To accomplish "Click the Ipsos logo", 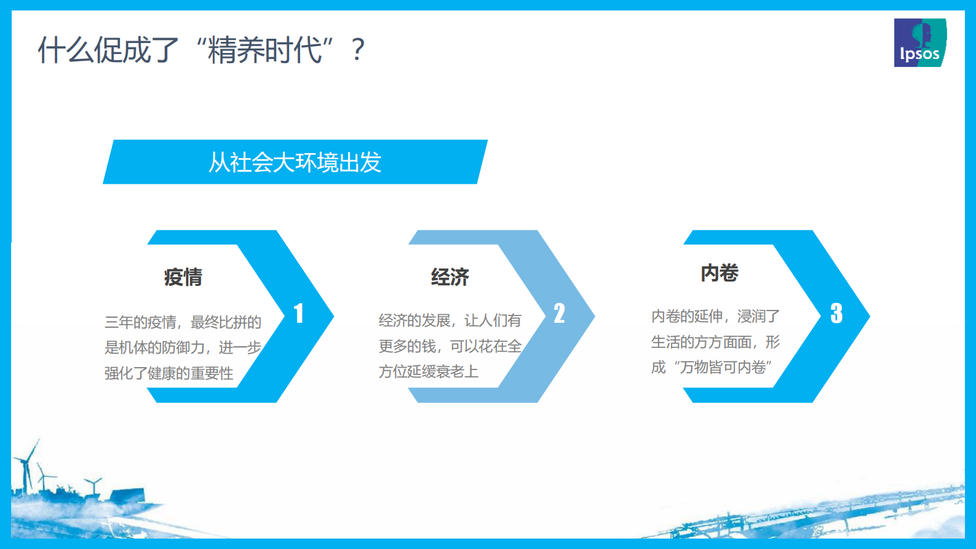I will click(x=919, y=43).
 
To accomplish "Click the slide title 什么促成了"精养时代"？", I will click(x=202, y=50).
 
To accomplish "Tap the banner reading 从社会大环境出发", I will click(x=295, y=162).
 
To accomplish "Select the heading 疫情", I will click(x=183, y=277).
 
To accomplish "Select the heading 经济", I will click(x=450, y=277).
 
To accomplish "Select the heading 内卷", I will click(x=720, y=273).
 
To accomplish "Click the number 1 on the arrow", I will click(x=299, y=314).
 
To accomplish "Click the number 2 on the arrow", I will click(x=559, y=314).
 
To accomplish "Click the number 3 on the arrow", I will click(x=836, y=314).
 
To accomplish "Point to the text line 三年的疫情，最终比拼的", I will click(x=183, y=322).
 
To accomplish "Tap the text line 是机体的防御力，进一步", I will click(x=183, y=347).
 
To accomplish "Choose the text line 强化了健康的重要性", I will click(x=169, y=373).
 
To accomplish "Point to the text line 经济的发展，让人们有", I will click(x=450, y=320).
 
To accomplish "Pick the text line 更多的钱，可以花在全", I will click(x=450, y=346).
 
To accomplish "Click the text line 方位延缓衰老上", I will click(x=429, y=371).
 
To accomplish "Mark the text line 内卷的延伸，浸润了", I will click(x=715, y=316).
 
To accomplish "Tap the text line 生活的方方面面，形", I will click(x=715, y=342).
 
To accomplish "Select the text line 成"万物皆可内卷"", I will click(x=712, y=367).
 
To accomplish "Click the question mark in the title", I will click(x=357, y=50).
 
